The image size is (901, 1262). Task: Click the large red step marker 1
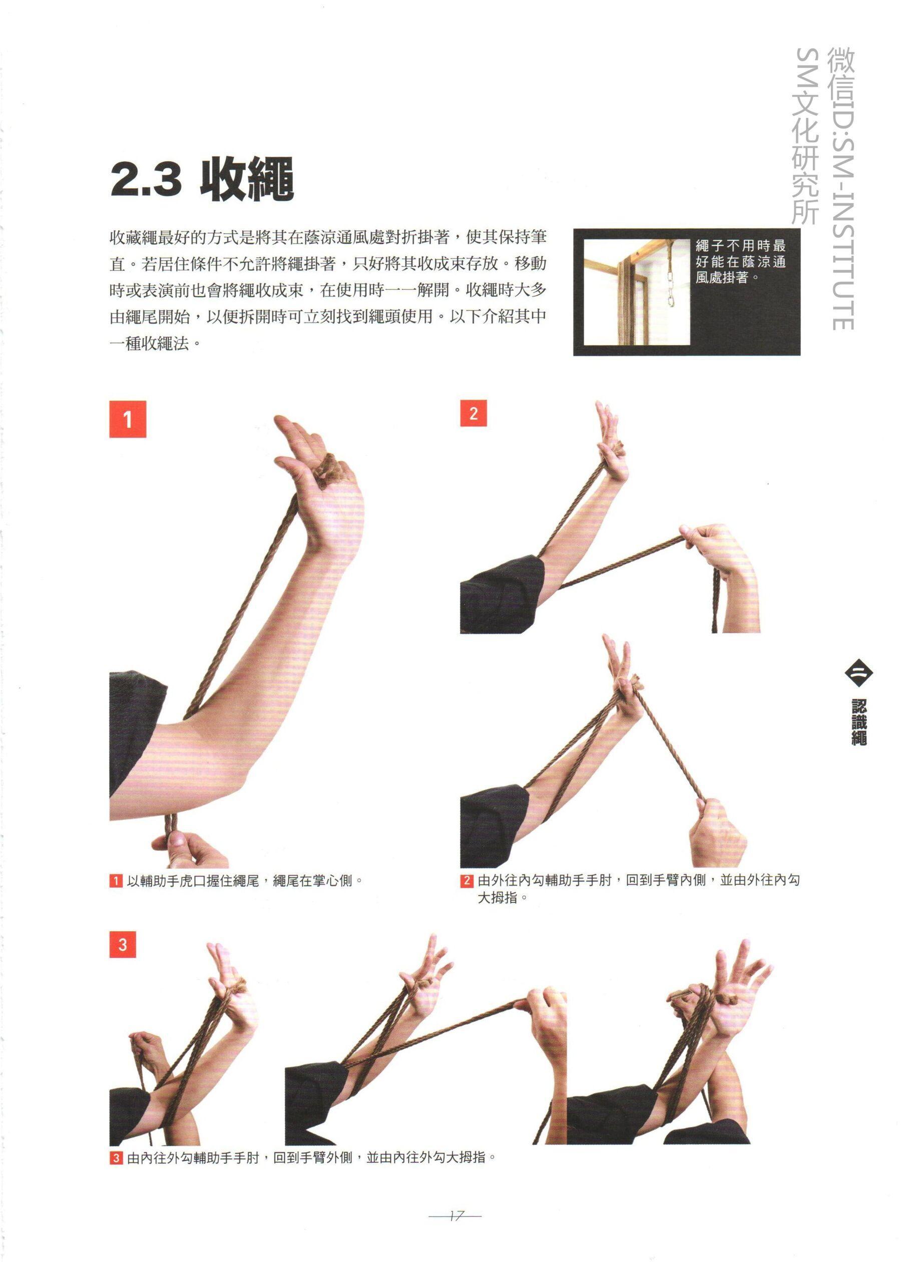pos(128,419)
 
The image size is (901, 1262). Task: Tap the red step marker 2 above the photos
pos(473,413)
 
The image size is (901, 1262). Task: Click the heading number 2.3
pos(147,179)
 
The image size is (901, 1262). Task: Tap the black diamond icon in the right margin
pos(858,673)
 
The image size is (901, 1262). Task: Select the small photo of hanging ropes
pos(636,292)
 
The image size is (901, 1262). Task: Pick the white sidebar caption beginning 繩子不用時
pos(741,261)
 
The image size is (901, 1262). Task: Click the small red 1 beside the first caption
pos(116,881)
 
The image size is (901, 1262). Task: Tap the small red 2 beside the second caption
pos(467,881)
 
